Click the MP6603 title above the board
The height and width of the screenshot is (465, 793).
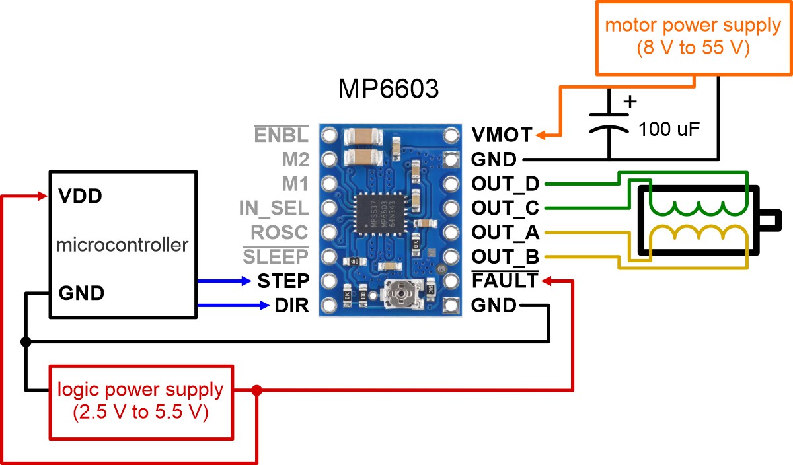point(388,89)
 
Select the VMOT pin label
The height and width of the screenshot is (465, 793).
point(502,135)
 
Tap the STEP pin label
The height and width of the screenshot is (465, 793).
point(283,281)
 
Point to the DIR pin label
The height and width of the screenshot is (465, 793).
point(292,306)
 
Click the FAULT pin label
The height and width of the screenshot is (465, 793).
point(504,281)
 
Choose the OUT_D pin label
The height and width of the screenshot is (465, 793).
point(505,184)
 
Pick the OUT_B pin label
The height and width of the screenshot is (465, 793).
point(505,257)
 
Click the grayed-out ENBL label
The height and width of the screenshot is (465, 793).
point(281,135)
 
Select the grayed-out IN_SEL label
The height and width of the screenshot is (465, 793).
point(274,209)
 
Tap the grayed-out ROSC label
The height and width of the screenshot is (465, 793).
point(279,232)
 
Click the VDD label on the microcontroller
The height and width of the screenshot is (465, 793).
point(80,196)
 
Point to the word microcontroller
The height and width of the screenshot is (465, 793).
point(122,245)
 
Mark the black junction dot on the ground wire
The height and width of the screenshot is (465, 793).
point(26,341)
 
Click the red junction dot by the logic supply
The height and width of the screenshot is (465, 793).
point(257,390)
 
